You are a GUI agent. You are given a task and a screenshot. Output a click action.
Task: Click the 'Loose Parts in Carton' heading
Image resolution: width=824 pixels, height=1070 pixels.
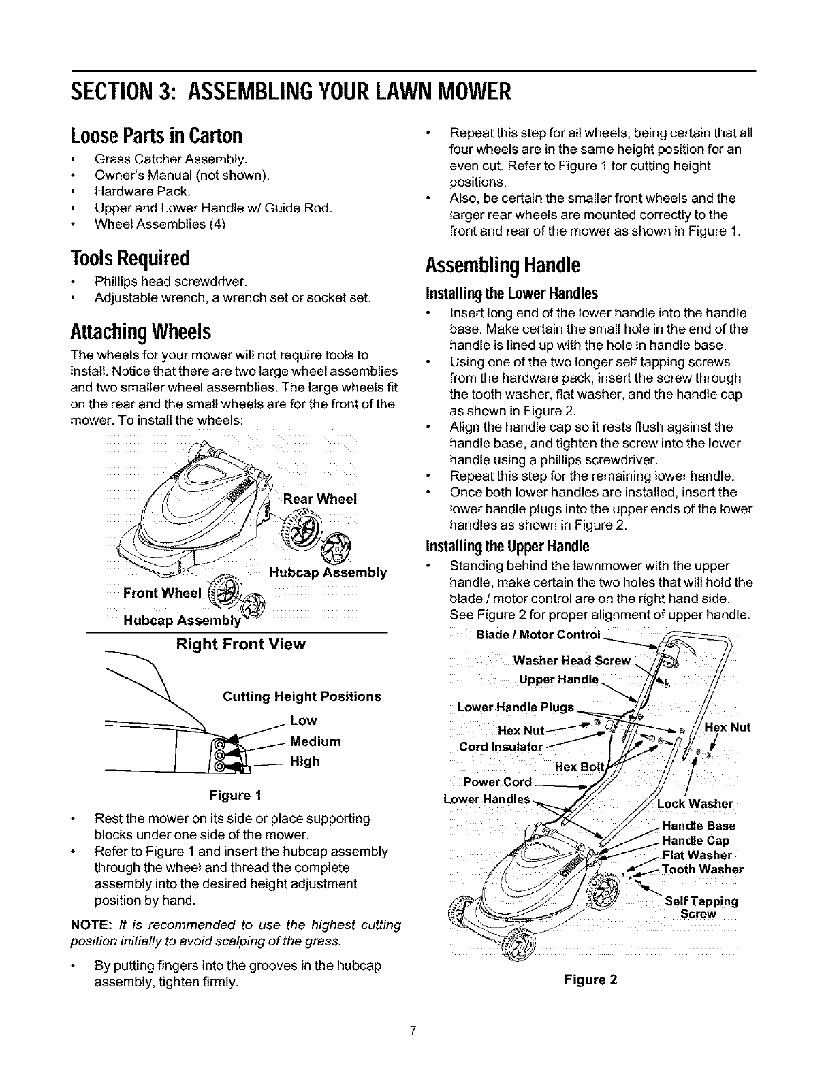pyautogui.click(x=156, y=137)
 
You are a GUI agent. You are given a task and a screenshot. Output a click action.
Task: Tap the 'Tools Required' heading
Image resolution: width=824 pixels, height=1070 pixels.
pyautogui.click(x=130, y=258)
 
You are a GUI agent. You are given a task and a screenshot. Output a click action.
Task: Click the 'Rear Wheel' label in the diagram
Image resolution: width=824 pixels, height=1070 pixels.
pyautogui.click(x=319, y=498)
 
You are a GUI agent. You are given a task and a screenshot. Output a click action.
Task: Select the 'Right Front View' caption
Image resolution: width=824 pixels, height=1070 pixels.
pyautogui.click(x=240, y=644)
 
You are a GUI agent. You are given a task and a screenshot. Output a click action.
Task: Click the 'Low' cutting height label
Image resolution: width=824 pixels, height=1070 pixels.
pyautogui.click(x=303, y=720)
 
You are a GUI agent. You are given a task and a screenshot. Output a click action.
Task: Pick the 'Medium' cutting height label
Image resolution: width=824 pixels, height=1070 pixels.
pyautogui.click(x=315, y=741)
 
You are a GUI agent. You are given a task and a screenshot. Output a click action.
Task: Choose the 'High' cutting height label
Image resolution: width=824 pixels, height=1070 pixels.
pyautogui.click(x=304, y=761)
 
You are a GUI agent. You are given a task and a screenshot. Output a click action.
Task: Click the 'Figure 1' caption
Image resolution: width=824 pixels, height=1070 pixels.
pyautogui.click(x=236, y=795)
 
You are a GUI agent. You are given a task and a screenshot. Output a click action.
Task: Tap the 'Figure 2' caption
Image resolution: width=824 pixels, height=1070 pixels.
pyautogui.click(x=590, y=979)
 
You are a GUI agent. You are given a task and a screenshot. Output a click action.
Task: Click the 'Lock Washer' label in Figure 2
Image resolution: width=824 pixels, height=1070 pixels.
pyautogui.click(x=695, y=804)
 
